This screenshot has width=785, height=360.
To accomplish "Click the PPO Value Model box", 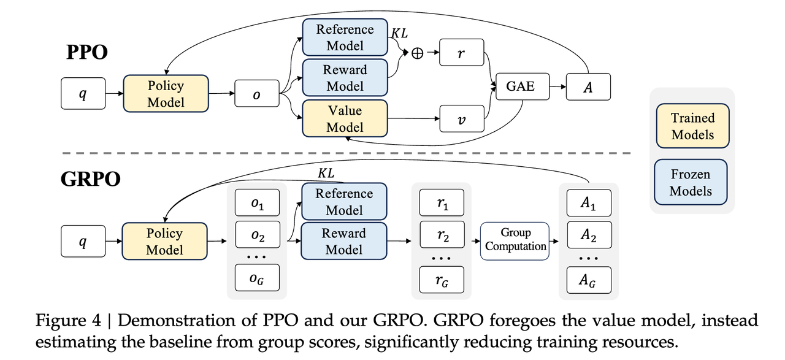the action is (345, 118).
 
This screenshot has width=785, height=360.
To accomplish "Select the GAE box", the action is (523, 86).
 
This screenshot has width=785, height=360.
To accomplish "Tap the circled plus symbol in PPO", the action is (417, 53).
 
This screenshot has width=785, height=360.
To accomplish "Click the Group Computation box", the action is (515, 241).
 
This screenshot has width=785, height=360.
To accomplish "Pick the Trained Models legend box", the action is (693, 126).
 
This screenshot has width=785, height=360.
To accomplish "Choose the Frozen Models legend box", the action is (691, 182).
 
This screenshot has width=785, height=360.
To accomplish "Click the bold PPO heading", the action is (87, 53).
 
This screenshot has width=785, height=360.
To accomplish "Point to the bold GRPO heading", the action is (90, 179).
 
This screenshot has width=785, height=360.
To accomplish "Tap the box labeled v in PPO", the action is (462, 119).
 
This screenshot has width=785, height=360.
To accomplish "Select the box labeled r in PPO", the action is (462, 53).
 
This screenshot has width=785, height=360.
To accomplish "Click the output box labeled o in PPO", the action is (257, 93).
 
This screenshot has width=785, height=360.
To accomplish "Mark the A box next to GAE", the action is (588, 86).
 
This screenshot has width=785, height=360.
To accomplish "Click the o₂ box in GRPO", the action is (258, 234).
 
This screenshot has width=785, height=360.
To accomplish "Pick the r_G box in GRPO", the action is (442, 280).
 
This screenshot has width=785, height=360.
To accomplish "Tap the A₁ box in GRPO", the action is (589, 203).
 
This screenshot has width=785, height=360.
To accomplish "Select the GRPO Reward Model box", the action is (344, 241).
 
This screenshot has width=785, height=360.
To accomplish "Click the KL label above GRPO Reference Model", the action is (326, 173).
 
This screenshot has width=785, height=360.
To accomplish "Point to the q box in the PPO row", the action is (83, 94).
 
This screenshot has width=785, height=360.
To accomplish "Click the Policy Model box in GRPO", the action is (165, 241).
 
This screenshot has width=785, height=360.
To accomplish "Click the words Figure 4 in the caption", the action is (68, 321).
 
